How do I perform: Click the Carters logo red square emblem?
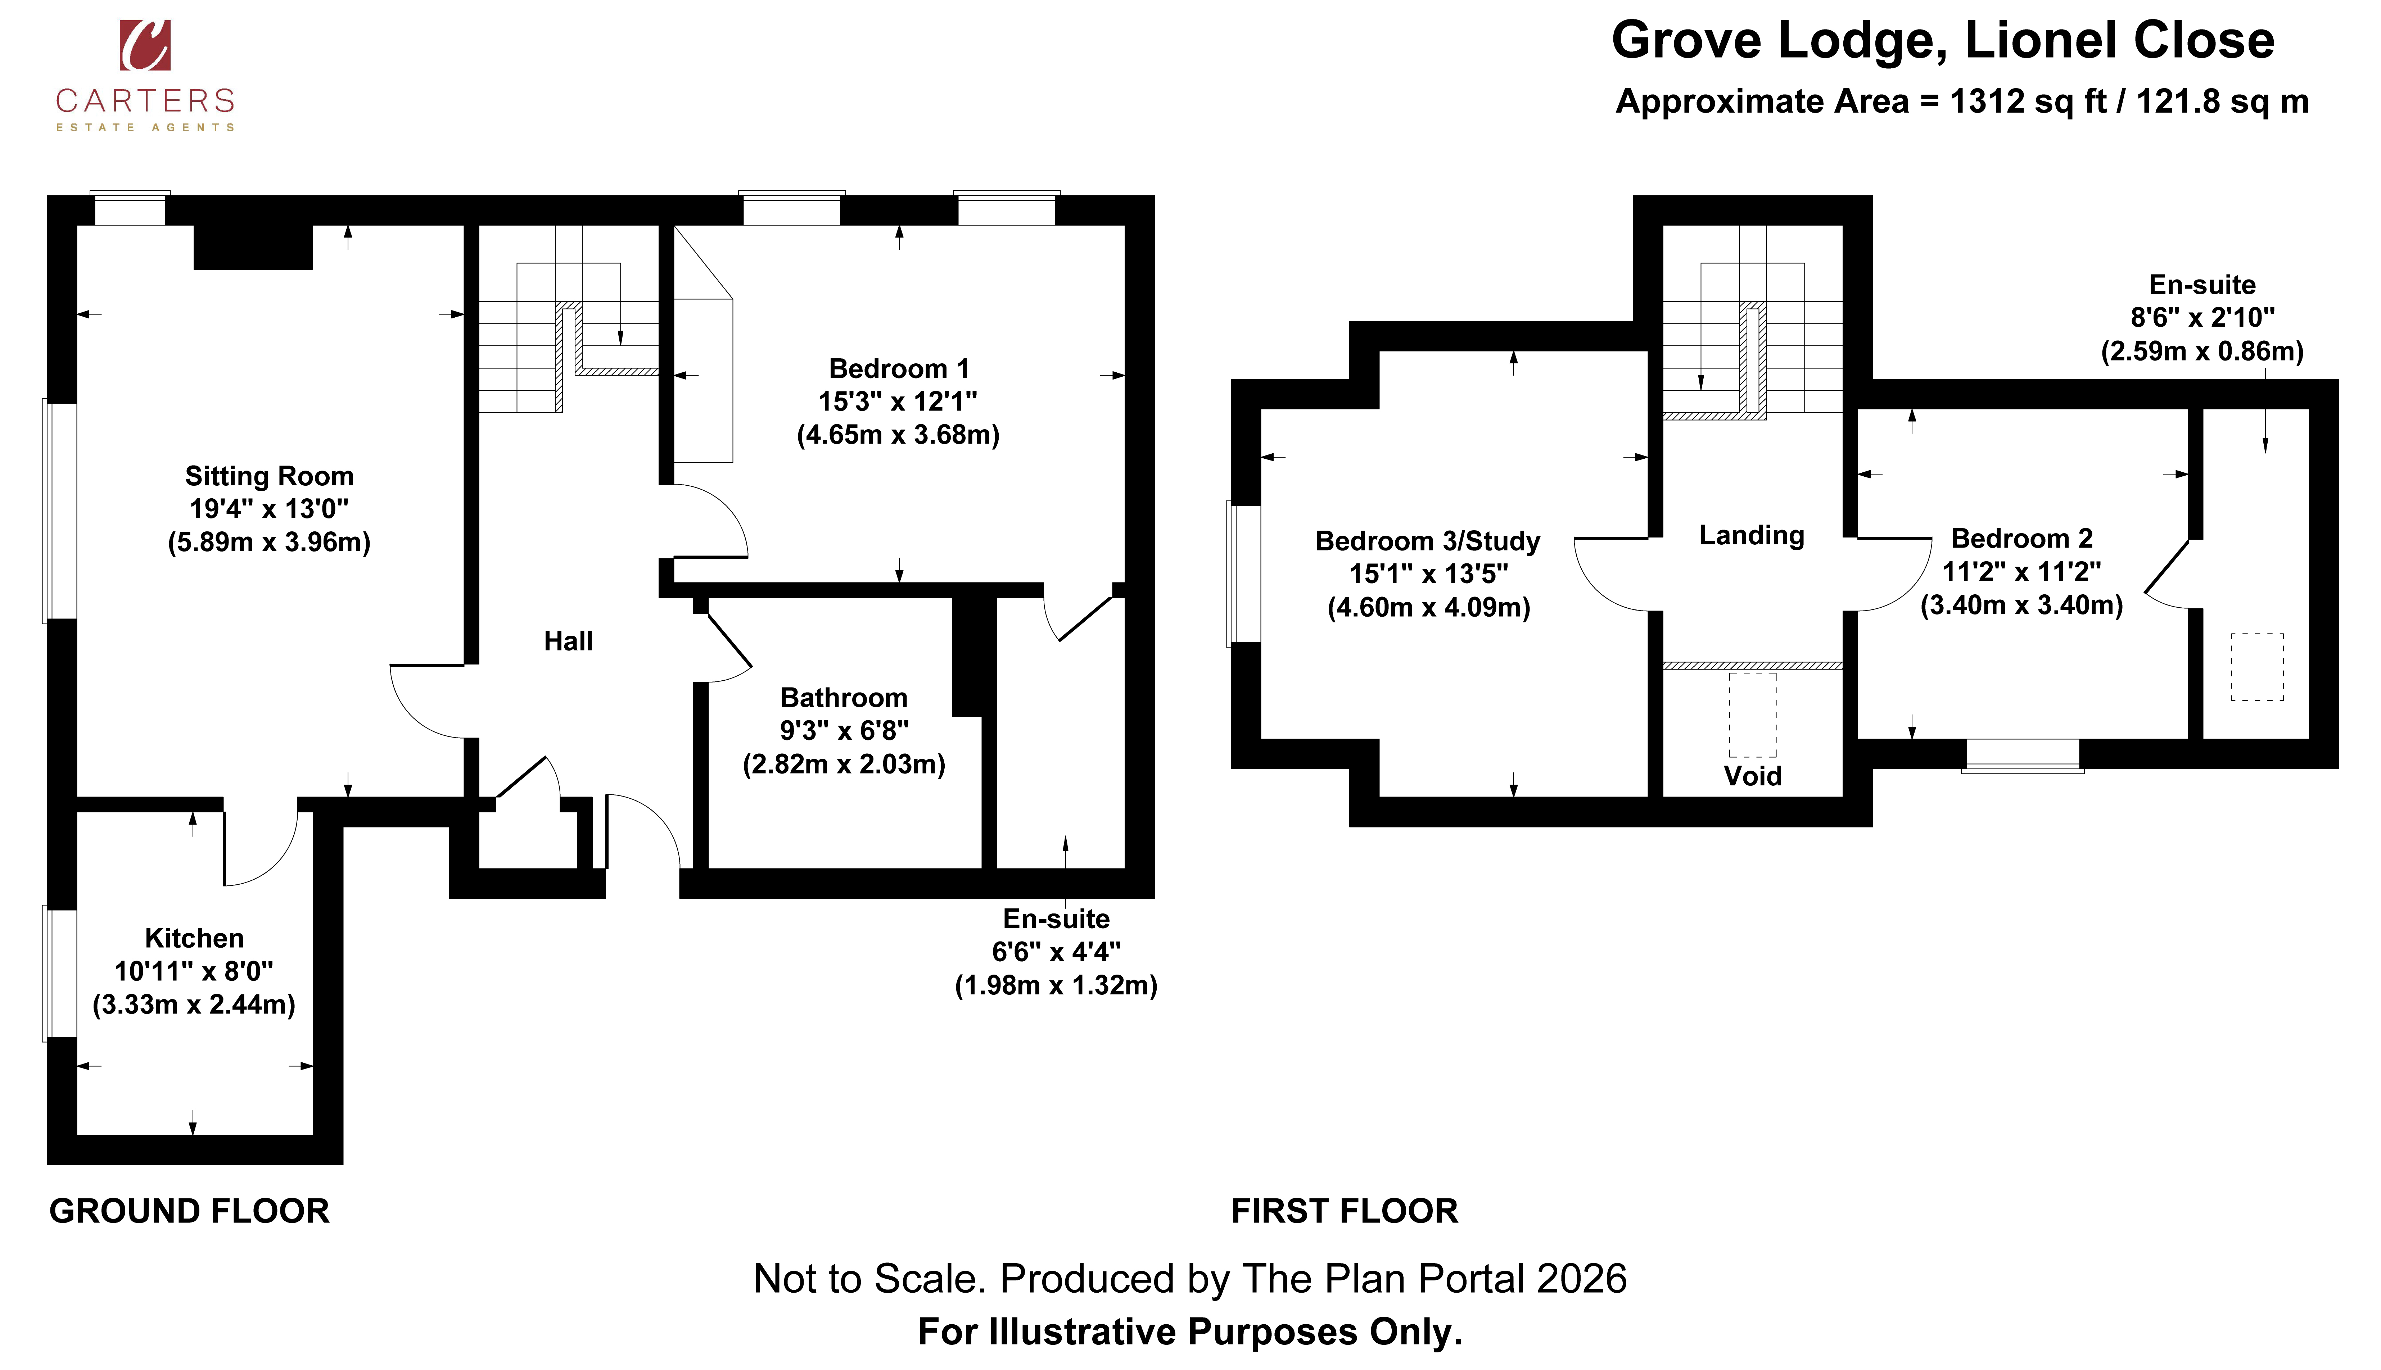pyautogui.click(x=145, y=45)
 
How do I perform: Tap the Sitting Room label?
pyautogui.click(x=269, y=476)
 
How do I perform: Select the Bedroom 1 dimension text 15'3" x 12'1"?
pyautogui.click(x=898, y=402)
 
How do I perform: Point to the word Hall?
pyautogui.click(x=568, y=642)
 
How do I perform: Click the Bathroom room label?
pyautogui.click(x=844, y=698)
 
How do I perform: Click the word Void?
pyautogui.click(x=1752, y=776)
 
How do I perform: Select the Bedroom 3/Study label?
pyautogui.click(x=1428, y=541)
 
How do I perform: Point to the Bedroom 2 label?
pyautogui.click(x=2021, y=538)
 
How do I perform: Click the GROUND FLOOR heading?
pyautogui.click(x=189, y=1211)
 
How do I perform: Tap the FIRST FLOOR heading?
pyautogui.click(x=1345, y=1211)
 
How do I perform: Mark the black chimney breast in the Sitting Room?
pyautogui.click(x=253, y=246)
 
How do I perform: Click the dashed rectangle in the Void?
pyautogui.click(x=1752, y=715)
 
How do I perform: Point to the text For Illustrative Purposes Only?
pyautogui.click(x=1190, y=1332)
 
